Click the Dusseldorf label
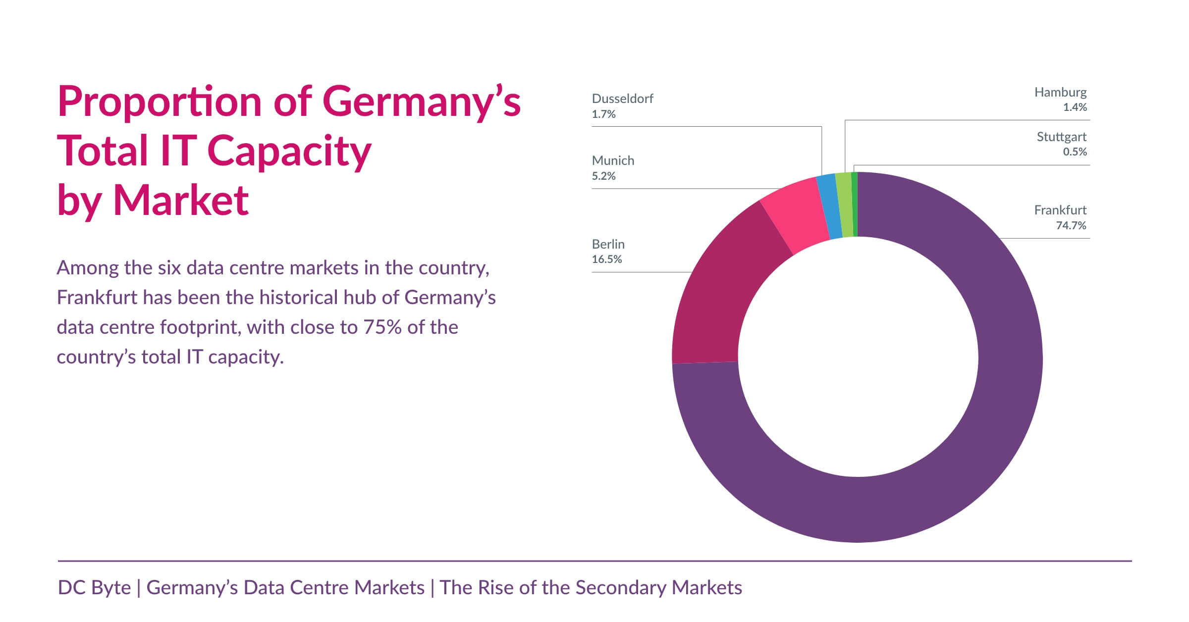[622, 99]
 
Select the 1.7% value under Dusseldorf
[603, 114]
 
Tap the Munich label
[613, 160]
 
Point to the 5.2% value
[603, 176]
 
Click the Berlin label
[608, 244]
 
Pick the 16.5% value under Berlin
[606, 259]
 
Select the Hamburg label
[1060, 92]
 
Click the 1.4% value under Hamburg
[1075, 107]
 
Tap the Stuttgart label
[1061, 137]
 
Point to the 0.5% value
[1075, 152]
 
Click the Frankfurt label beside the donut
[1060, 210]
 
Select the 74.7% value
[1071, 225]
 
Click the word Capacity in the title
[289, 151]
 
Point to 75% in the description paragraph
[382, 327]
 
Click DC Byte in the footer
[94, 588]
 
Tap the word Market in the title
[181, 200]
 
